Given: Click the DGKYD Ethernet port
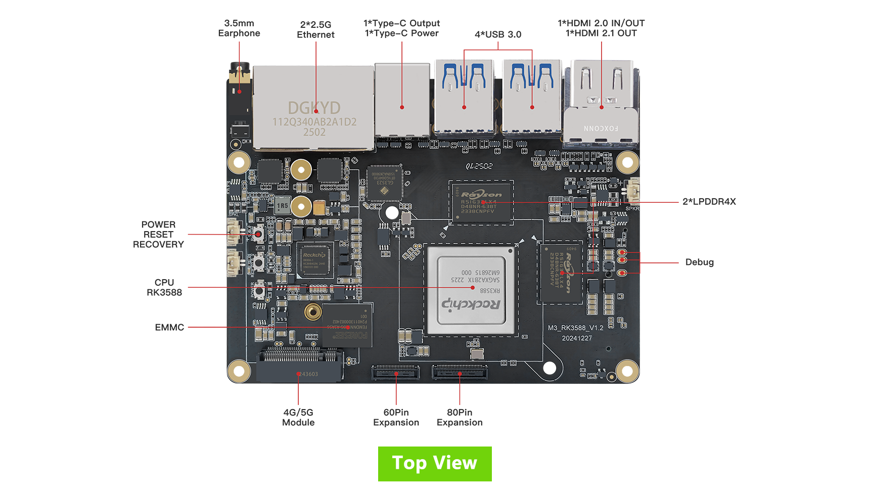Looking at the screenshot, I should pos(313,107).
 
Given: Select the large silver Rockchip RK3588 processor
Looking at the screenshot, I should pos(471,290).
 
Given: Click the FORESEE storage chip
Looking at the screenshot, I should pos(347,326).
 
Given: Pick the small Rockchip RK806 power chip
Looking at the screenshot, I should pos(315,260).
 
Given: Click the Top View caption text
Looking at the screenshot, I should pos(434,463).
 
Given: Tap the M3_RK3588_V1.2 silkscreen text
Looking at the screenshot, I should pos(575,328).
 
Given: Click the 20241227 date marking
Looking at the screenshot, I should pos(577,338).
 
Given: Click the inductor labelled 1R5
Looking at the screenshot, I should pos(282,206).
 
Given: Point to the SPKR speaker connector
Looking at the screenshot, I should pos(632,190).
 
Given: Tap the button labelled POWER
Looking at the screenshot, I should pos(260,290).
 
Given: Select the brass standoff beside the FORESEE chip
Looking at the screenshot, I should pos(313,312).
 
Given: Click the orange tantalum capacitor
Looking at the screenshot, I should pos(319,207).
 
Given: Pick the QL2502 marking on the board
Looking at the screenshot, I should pos(479,166).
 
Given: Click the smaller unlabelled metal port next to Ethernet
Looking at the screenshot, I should pos(402,101).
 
